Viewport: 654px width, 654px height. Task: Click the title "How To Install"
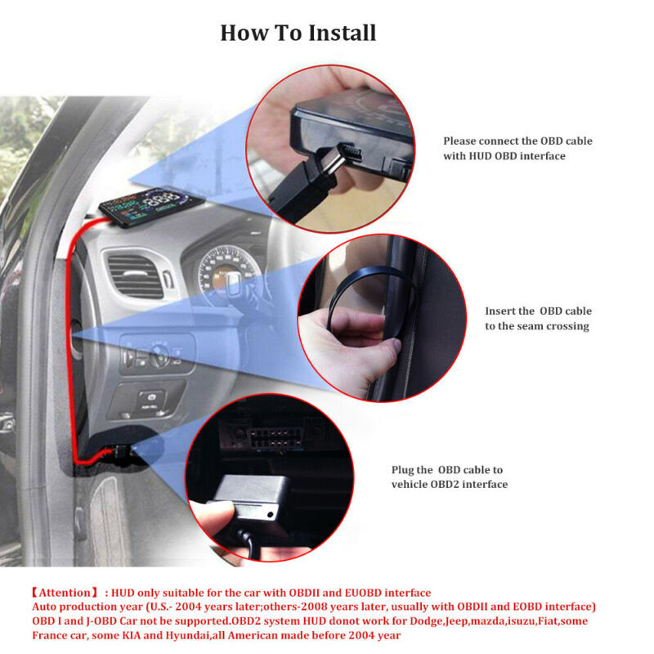tap(298, 33)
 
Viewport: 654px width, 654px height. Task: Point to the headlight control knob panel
tap(156, 355)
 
